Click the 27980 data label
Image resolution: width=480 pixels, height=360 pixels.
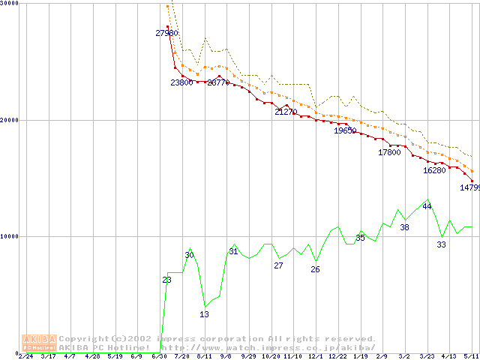coord(166,33)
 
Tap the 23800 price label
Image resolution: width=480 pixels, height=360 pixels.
coord(181,82)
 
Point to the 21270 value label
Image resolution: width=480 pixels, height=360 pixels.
coord(286,112)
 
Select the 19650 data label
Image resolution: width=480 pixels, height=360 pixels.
coord(345,130)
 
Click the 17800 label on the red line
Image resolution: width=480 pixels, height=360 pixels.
coord(389,152)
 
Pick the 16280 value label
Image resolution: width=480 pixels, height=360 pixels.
coord(434,170)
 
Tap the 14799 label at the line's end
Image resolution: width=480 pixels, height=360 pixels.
coord(469,187)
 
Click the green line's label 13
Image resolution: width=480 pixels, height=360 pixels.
coord(204,314)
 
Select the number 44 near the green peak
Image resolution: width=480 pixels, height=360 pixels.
coord(427,206)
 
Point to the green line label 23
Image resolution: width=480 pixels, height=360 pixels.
coord(166,280)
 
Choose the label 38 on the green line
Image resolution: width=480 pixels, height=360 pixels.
coord(404,227)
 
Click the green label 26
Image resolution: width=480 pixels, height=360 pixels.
coord(315,269)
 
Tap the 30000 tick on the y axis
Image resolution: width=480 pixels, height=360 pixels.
coord(10,4)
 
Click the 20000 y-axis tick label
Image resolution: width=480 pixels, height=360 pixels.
coord(10,120)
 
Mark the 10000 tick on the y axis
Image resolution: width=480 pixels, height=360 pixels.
coord(10,236)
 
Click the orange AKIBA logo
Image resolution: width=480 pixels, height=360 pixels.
coord(39,343)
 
